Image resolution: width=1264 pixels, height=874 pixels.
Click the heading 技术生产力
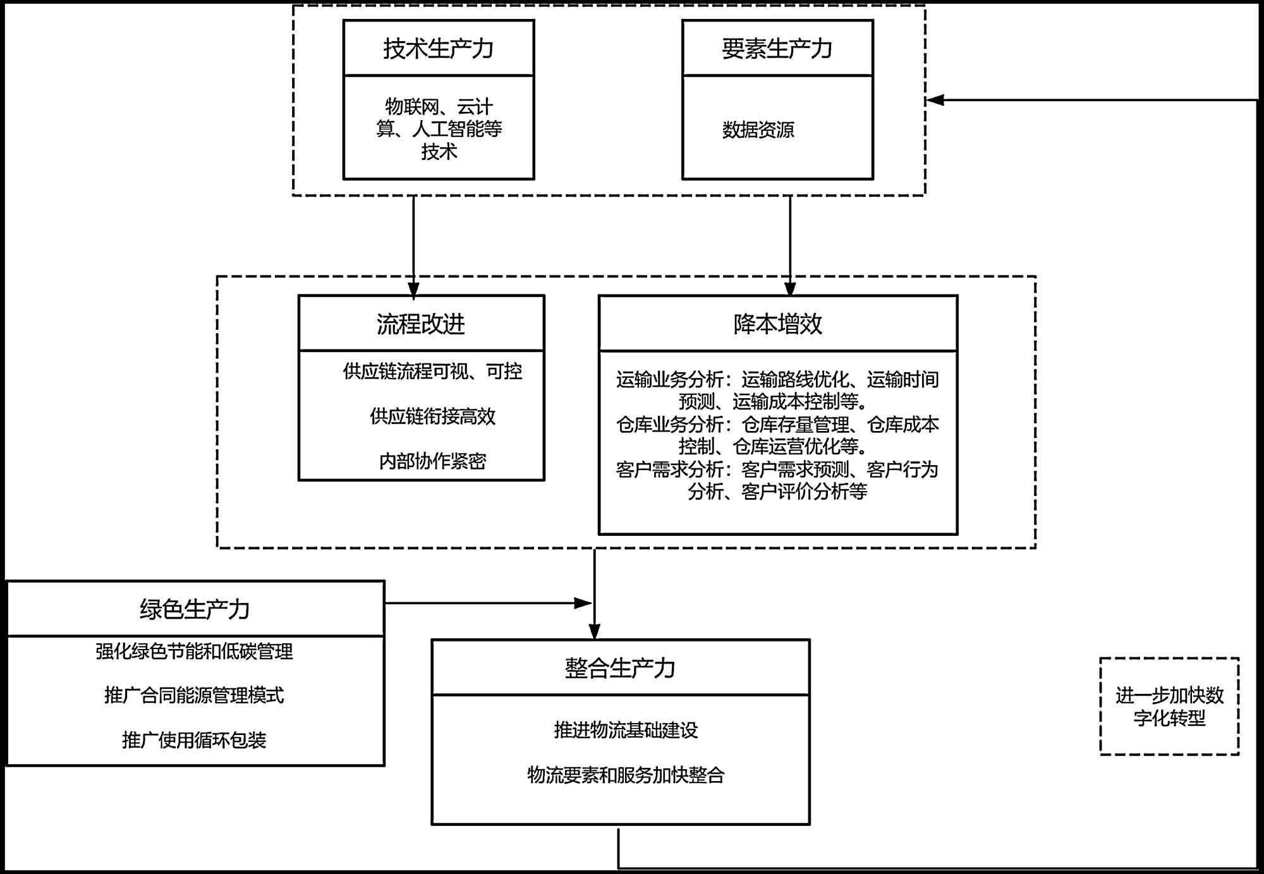click(x=438, y=49)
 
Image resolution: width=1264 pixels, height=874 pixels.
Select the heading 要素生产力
click(x=777, y=49)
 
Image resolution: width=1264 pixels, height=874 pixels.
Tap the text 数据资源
click(x=758, y=130)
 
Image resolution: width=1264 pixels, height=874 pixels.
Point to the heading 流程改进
click(x=421, y=324)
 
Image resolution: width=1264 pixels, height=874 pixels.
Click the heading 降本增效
click(x=777, y=324)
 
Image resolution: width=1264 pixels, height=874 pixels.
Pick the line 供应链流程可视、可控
click(x=432, y=371)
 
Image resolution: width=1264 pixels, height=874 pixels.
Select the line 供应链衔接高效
click(x=432, y=416)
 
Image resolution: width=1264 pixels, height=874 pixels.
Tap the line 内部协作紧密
click(x=432, y=461)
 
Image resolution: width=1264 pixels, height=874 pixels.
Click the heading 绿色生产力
click(x=195, y=609)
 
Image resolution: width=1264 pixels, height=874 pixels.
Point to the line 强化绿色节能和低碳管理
click(x=194, y=651)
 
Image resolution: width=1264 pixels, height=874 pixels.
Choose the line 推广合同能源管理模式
click(x=194, y=695)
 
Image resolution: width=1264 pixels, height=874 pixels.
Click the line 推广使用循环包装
click(x=194, y=740)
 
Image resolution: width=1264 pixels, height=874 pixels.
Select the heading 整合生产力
click(x=620, y=668)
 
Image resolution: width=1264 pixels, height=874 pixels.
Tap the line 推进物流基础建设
click(x=626, y=730)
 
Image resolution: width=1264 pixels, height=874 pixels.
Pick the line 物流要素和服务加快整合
click(x=626, y=775)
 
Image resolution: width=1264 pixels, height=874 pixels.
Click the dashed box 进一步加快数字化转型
click(x=1169, y=659)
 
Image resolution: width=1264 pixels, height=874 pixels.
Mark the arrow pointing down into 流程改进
click(x=413, y=247)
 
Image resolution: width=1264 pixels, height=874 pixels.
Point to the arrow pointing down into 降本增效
click(x=790, y=246)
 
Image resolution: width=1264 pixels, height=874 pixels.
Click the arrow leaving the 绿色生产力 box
click(x=489, y=603)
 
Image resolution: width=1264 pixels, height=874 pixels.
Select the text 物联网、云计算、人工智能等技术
click(x=439, y=129)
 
